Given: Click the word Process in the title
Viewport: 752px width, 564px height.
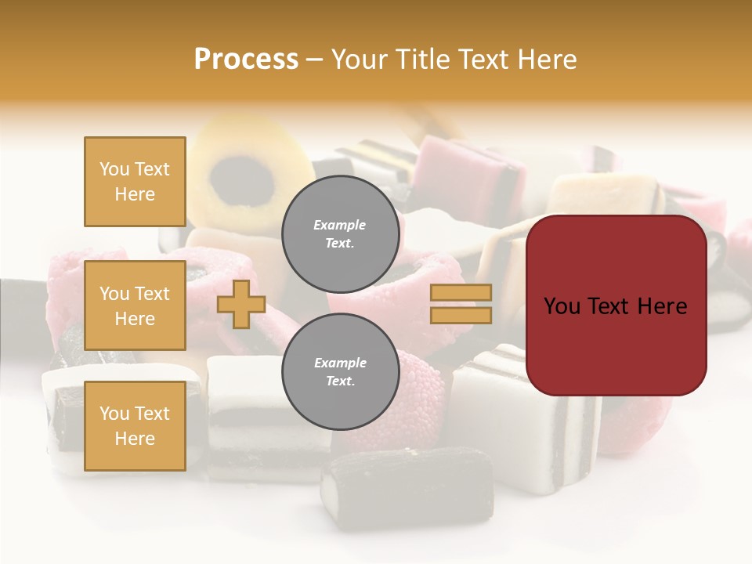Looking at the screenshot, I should coord(246,60).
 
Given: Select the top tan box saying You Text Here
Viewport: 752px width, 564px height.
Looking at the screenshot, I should coord(135,182).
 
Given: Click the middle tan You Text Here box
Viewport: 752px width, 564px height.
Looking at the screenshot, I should coord(135,305).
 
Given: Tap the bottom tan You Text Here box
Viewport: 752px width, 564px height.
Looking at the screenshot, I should coord(135,425).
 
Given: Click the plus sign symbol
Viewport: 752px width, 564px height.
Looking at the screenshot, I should coord(241,304).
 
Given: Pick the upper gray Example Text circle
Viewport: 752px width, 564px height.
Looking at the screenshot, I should coord(340,233).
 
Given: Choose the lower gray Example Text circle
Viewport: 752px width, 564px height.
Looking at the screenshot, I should coord(340,371).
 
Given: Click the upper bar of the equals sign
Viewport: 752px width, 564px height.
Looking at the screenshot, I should coord(461,293).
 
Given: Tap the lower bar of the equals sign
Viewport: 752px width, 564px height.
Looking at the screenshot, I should coord(461,315).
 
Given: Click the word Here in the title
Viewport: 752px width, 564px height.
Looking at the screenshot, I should coord(548,60).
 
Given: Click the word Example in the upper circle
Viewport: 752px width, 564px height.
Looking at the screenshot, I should coord(340,225).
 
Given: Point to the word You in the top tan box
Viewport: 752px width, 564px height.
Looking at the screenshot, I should coord(114,169).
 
